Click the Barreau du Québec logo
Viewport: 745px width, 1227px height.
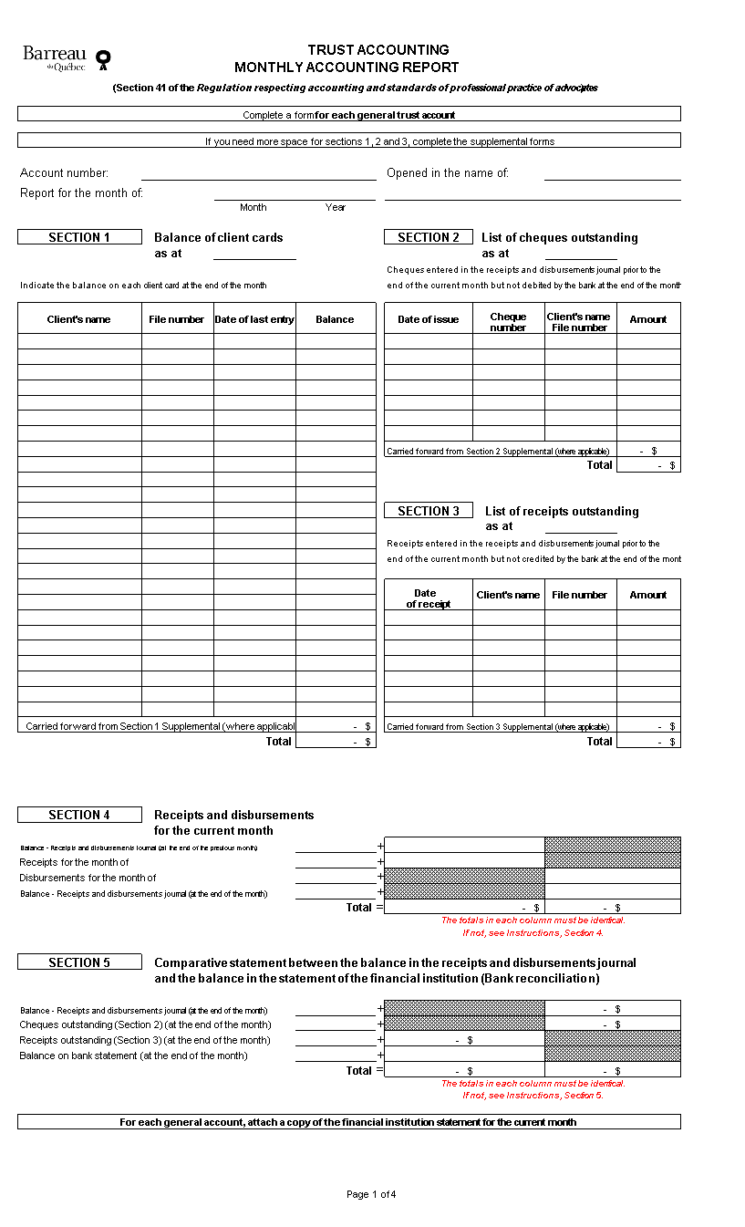click(66, 58)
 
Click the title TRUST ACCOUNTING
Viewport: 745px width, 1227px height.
click(378, 50)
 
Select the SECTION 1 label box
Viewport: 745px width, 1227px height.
click(79, 237)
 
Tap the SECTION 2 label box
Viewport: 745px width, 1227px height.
click(429, 237)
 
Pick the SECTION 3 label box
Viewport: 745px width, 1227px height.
click(429, 511)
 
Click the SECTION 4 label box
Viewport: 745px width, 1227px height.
click(79, 815)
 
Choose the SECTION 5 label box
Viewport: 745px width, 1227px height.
click(79, 962)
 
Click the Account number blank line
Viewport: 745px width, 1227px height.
click(258, 173)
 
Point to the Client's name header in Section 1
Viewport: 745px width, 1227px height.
click(79, 319)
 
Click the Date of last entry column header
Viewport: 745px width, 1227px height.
click(254, 319)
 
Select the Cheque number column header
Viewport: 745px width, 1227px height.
click(508, 322)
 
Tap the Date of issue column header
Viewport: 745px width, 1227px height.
click(429, 319)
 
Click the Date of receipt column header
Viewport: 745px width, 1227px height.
click(428, 598)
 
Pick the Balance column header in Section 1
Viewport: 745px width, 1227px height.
click(335, 319)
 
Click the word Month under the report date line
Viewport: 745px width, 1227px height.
click(253, 207)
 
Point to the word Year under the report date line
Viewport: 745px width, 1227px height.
click(336, 207)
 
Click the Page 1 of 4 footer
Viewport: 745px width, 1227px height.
click(371, 1194)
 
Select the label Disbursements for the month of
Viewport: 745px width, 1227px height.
click(88, 878)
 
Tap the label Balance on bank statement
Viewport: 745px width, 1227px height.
click(133, 1055)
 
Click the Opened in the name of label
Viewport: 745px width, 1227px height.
click(448, 173)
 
